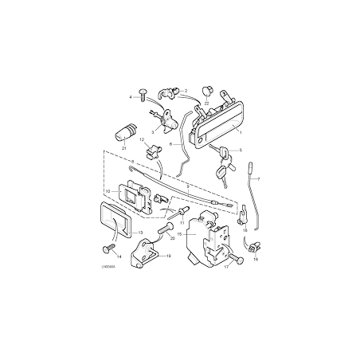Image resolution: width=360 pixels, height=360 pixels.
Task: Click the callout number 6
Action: coord(170,144)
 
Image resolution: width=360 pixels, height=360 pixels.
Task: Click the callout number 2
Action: coord(185,90)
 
